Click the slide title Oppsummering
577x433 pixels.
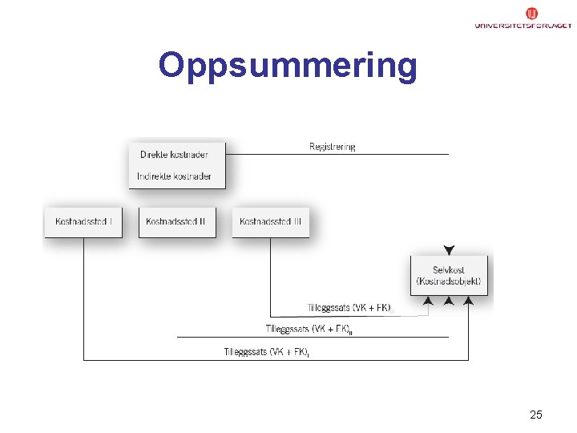tap(288, 66)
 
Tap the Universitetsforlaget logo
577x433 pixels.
tap(522, 19)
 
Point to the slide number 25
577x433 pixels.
tap(536, 415)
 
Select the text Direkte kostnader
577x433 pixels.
tap(174, 155)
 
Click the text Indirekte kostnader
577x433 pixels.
tap(174, 176)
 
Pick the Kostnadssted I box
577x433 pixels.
tap(83, 222)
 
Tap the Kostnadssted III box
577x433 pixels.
tap(270, 222)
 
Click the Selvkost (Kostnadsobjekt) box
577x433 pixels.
tap(448, 276)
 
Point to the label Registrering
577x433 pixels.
tap(332, 147)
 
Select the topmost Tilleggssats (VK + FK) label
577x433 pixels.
tap(350, 307)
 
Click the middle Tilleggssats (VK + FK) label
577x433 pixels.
tap(309, 329)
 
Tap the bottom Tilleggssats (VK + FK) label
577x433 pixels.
tap(266, 351)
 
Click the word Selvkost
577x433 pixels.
tap(448, 270)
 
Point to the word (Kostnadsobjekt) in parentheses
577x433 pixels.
tap(448, 281)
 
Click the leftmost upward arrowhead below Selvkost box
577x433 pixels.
tap(429, 301)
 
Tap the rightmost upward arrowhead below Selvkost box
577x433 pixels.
tap(469, 301)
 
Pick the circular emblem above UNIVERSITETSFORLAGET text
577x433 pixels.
tap(532, 13)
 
